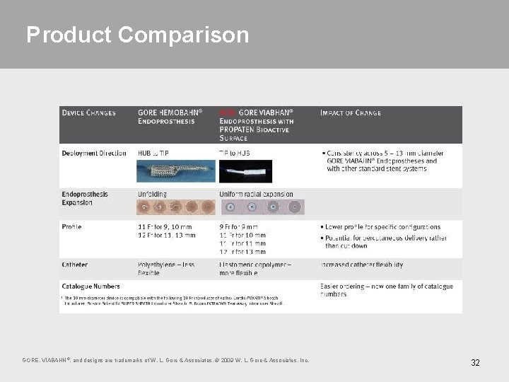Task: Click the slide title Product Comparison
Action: point(137,35)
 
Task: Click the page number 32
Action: point(475,363)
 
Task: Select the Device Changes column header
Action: point(89,113)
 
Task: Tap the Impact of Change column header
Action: point(351,113)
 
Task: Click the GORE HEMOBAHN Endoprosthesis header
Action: point(170,117)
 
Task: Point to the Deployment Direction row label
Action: point(94,153)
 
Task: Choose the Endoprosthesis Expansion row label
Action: point(85,198)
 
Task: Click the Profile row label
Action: point(71,227)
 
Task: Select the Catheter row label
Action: point(75,265)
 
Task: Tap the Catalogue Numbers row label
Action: point(90,286)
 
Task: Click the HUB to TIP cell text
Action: point(153,153)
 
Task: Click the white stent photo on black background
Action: point(245,170)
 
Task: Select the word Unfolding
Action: point(152,195)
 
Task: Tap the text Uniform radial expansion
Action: point(256,195)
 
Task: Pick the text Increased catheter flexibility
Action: point(361,265)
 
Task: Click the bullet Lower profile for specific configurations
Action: point(382,227)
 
